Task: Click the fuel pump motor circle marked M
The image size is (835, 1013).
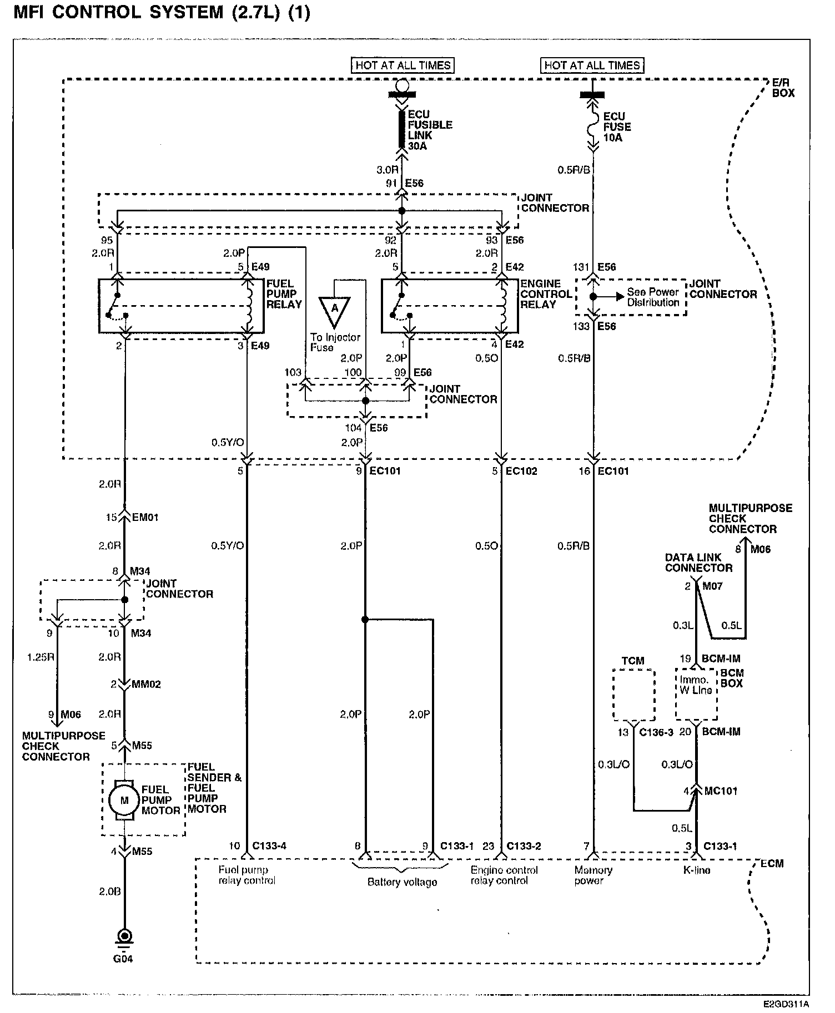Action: (x=124, y=800)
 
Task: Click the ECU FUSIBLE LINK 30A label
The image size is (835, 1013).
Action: (x=430, y=130)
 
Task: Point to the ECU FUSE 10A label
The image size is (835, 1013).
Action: (x=617, y=126)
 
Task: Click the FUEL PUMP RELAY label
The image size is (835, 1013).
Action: (x=284, y=294)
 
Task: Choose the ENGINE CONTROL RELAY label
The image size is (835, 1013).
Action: (x=546, y=294)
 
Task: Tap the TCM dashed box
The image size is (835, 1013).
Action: (x=633, y=696)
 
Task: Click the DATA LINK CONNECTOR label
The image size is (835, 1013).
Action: (x=698, y=563)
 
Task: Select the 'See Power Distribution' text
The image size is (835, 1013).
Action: (x=653, y=297)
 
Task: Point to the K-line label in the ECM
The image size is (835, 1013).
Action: (x=696, y=870)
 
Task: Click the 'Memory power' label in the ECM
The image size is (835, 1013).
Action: (x=593, y=875)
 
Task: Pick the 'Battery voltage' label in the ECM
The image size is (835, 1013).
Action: (x=402, y=882)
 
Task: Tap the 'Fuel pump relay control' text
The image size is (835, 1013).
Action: (x=247, y=875)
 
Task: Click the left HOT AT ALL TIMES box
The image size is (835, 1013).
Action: (x=403, y=65)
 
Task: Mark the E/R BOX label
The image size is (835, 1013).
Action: (x=783, y=88)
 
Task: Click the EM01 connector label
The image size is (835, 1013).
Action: (x=145, y=518)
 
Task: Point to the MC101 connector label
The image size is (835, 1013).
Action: (x=720, y=791)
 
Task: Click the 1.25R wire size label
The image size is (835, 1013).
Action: (x=41, y=657)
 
